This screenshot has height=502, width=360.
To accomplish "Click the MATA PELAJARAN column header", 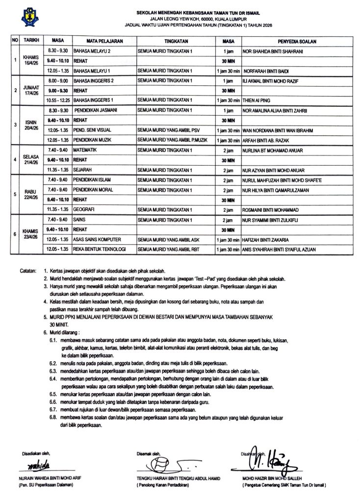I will (98, 40).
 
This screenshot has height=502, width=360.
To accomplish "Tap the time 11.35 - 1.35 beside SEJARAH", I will (57, 170).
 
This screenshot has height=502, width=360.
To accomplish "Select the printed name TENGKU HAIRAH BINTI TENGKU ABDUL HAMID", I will (178, 478).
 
